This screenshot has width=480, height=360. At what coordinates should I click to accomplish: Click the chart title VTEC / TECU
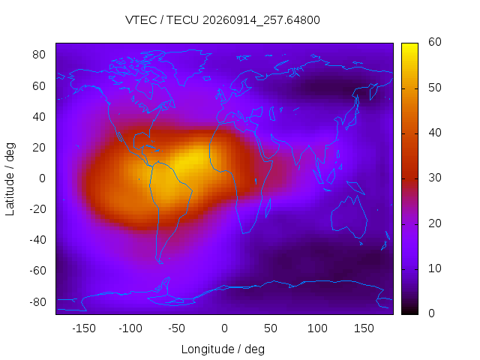162,20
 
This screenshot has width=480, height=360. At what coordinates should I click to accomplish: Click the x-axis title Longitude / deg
223,349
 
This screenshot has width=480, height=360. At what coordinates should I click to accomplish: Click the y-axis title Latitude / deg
10,179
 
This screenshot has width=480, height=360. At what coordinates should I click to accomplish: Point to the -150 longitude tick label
84,328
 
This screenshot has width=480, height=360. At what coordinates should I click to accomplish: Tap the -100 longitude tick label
130,328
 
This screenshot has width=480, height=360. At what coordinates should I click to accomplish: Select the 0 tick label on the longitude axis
224,328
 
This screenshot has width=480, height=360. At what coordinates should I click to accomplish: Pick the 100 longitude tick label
317,328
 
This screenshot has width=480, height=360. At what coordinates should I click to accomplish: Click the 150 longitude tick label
364,328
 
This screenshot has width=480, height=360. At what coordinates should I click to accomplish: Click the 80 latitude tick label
39,55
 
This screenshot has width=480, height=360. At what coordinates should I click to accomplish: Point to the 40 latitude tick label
39,117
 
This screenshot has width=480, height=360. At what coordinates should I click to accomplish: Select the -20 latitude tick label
37,209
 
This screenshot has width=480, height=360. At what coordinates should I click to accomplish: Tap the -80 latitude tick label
37,302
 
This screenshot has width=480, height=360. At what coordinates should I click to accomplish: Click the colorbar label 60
435,42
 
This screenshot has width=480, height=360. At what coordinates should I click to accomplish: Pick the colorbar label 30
435,178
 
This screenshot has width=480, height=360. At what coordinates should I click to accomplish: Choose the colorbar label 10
435,268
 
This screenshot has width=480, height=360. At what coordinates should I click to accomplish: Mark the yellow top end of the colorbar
409,44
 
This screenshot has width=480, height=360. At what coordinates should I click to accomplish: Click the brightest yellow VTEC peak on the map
189,159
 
